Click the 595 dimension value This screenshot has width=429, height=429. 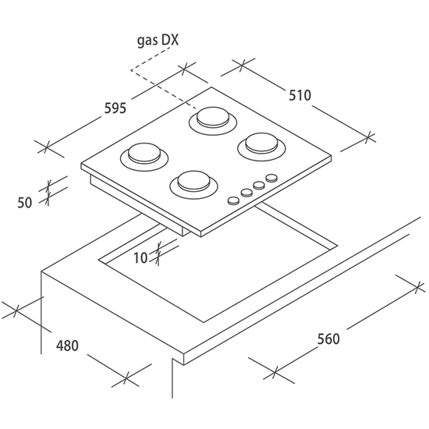click(115, 108)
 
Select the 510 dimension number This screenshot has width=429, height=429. click(300, 95)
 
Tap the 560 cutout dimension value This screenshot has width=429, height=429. click(328, 339)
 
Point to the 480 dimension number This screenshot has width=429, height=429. click(67, 346)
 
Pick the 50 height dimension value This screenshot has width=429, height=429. click(25, 203)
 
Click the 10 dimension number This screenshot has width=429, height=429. click(140, 257)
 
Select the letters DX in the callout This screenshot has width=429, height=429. click(169, 40)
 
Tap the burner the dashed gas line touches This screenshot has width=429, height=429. click(213, 121)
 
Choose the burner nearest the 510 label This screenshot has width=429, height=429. click(261, 147)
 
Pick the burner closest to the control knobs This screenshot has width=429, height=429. click(193, 185)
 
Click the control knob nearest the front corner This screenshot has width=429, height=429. click(234, 200)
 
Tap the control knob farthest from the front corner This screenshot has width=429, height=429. click(271, 178)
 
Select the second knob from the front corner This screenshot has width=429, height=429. click(246, 193)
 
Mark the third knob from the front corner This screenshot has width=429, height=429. click(259, 186)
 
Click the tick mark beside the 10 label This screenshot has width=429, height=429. click(158, 253)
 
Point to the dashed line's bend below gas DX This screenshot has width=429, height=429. click(131, 70)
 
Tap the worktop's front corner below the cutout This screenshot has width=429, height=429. click(183, 355)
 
